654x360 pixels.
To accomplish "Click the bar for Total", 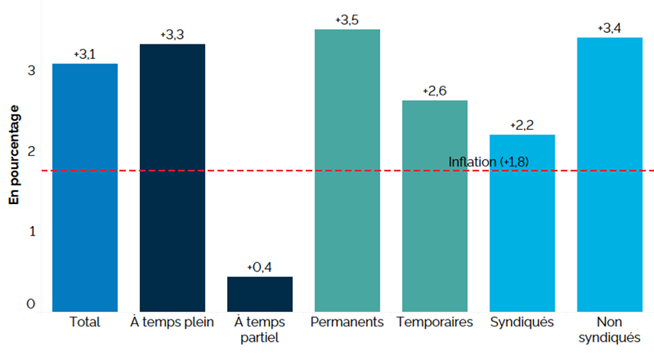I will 85,187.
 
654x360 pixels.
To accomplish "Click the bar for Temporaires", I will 434,206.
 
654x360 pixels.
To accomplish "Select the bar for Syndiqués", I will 522,222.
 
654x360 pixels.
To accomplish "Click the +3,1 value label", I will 85,55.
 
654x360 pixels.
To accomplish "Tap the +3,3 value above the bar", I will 172,35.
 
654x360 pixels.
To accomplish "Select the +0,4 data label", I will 260,268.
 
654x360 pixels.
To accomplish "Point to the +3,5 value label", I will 347,19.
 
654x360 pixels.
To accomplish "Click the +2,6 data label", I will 434,91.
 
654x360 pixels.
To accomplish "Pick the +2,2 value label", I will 522,125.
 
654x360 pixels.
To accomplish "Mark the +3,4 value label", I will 610,28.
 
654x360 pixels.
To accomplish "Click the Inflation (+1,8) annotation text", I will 489,162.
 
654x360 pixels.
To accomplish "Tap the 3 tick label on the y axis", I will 31,70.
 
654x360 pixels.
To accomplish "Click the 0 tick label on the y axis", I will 31,304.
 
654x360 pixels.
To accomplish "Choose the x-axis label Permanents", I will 347,322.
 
